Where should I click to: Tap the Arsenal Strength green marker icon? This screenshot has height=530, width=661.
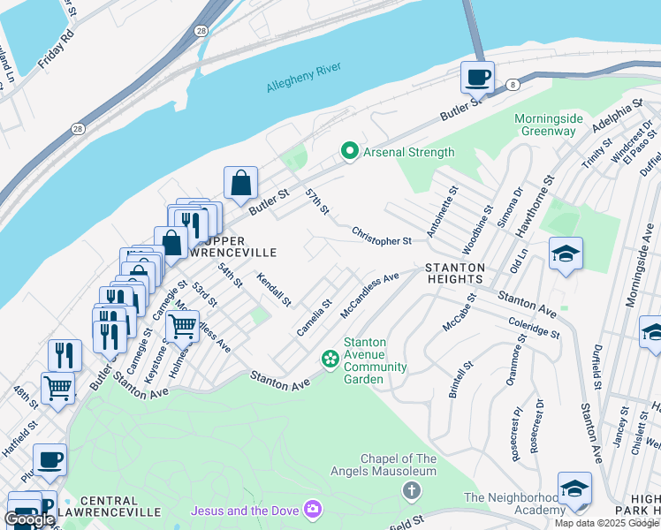(x=350, y=152)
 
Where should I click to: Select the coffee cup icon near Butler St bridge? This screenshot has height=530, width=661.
(x=477, y=78)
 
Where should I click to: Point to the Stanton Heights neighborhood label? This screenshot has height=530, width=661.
(x=455, y=273)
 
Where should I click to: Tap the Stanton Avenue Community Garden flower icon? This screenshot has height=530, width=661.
(x=330, y=358)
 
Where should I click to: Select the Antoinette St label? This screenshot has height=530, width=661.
(x=442, y=212)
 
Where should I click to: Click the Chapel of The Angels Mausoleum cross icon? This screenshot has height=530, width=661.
(x=411, y=488)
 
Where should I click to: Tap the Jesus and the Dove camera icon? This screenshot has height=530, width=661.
(x=312, y=510)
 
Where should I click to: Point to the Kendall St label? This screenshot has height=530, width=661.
(x=273, y=289)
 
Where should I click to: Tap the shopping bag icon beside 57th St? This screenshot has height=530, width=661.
(x=240, y=183)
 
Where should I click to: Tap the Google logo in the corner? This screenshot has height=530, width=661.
(x=29, y=519)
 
